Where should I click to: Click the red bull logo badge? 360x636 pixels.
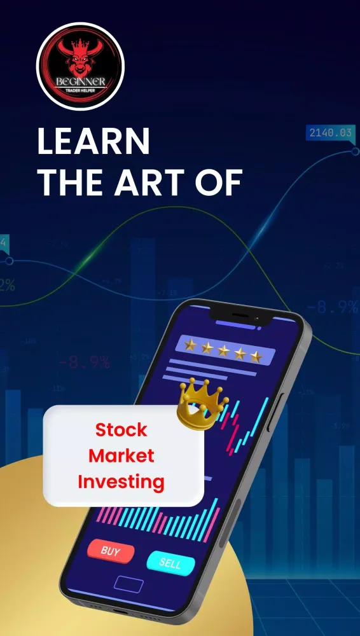(x=80, y=66)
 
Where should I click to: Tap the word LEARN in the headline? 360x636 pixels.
(x=93, y=141)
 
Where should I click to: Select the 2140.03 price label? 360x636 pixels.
(x=330, y=133)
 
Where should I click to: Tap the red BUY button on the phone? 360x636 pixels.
(x=111, y=551)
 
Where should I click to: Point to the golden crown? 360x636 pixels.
(x=202, y=403)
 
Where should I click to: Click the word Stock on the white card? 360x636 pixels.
(x=121, y=430)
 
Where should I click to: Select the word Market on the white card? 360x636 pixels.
(x=121, y=455)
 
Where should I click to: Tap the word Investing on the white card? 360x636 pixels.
(x=121, y=481)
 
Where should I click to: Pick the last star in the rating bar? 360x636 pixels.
(x=256, y=356)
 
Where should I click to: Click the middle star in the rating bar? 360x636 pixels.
(x=223, y=350)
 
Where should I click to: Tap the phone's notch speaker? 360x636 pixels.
(x=244, y=316)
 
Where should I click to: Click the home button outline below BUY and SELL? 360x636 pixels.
(x=129, y=584)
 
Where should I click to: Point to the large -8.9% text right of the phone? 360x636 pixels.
(x=336, y=308)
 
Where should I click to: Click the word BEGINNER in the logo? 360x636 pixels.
(x=80, y=83)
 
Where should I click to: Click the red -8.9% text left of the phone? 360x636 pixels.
(x=84, y=363)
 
